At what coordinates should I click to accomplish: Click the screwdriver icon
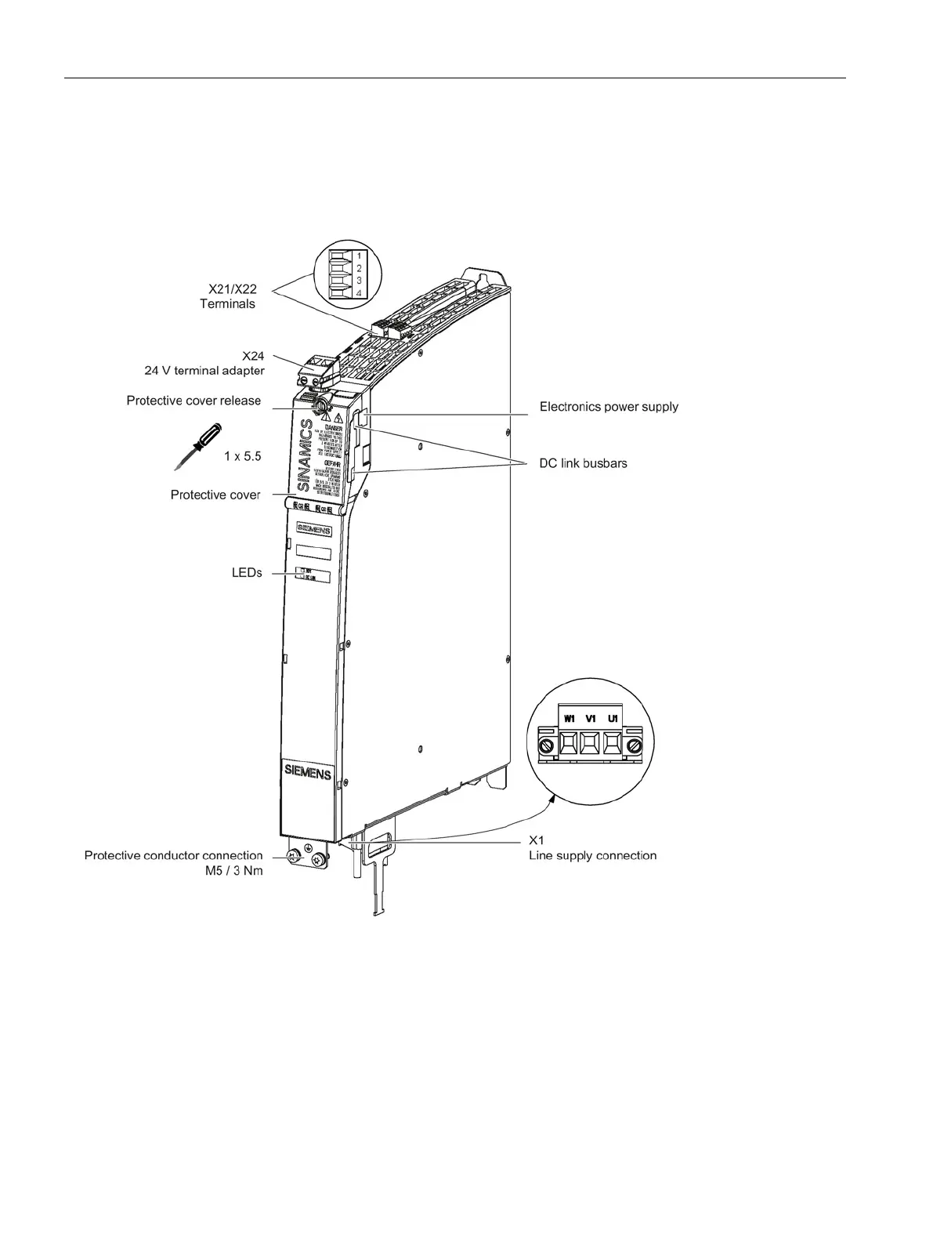click(197, 444)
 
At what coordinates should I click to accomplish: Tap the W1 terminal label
click(569, 718)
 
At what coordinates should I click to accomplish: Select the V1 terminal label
click(591, 718)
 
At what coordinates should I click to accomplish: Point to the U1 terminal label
click(613, 718)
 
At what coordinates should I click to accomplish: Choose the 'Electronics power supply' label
click(609, 407)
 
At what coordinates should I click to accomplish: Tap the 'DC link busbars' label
click(583, 463)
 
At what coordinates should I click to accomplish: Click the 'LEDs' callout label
click(246, 574)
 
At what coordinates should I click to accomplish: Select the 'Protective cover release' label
click(193, 401)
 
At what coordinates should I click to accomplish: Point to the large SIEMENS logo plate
click(306, 774)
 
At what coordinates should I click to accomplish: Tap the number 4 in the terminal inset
click(358, 292)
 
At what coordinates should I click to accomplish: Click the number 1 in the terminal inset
click(358, 256)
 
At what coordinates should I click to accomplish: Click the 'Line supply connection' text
click(592, 855)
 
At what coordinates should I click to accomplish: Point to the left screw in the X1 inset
click(547, 742)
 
